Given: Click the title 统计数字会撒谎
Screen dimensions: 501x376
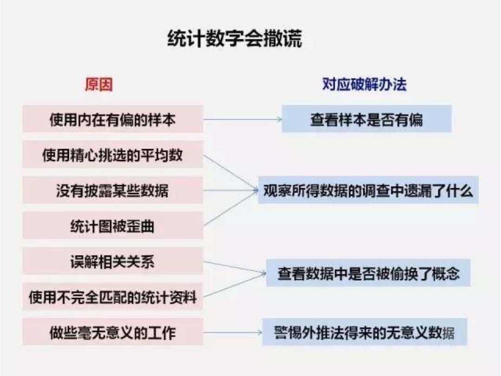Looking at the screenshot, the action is point(235,39).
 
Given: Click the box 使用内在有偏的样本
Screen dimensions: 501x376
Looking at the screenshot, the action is point(113,119).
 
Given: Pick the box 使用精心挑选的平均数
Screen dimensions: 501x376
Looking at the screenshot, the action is point(113,155).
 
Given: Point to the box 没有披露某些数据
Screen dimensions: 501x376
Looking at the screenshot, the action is point(113,190).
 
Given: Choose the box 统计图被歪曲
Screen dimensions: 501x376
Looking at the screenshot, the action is point(113,226).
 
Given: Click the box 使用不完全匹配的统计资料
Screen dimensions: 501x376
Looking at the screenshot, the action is point(113,297).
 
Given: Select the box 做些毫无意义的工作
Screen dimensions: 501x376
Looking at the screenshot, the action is point(113,332).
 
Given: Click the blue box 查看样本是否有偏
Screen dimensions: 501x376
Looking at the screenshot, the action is point(366,119).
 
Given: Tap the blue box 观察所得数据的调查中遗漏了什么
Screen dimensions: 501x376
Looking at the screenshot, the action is point(368,190).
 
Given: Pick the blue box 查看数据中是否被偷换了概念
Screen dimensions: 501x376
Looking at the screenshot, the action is point(368,273).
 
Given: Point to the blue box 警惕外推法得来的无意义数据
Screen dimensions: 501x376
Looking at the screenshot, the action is point(365,332).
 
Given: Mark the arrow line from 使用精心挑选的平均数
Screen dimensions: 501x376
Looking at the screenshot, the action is point(231,172).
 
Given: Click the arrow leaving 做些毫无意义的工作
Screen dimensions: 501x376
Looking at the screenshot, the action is point(232,332).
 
